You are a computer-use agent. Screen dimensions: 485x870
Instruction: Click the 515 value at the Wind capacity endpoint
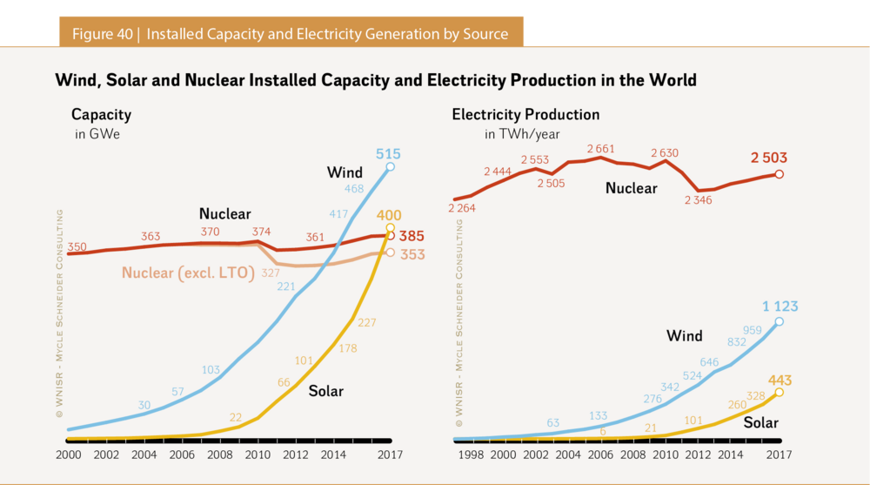[x=388, y=154]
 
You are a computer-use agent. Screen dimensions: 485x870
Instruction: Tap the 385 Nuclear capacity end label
[x=412, y=235]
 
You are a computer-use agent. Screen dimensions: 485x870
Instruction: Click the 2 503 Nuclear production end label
[x=768, y=158]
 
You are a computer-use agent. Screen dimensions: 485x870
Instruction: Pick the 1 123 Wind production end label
[x=780, y=306]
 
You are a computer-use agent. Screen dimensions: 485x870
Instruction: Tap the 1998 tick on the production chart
[x=472, y=455]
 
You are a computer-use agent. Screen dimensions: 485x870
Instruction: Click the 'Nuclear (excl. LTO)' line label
[x=188, y=273]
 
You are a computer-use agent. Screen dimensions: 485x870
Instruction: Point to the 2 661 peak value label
[x=600, y=149]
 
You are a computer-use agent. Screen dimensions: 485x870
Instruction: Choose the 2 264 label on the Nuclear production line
[x=462, y=208]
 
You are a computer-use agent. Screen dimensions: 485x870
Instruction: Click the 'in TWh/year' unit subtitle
[x=522, y=134]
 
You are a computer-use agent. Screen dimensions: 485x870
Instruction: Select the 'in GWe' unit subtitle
[x=95, y=134]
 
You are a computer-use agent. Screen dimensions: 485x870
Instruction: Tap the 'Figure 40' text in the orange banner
[x=102, y=34]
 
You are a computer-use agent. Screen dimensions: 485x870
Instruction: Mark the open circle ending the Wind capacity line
[x=390, y=166]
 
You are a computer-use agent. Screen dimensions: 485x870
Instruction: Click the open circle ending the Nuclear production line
[x=779, y=174]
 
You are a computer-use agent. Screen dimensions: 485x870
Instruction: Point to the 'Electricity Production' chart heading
[x=525, y=115]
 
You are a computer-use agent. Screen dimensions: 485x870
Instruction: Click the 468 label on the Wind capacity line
[x=354, y=188]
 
